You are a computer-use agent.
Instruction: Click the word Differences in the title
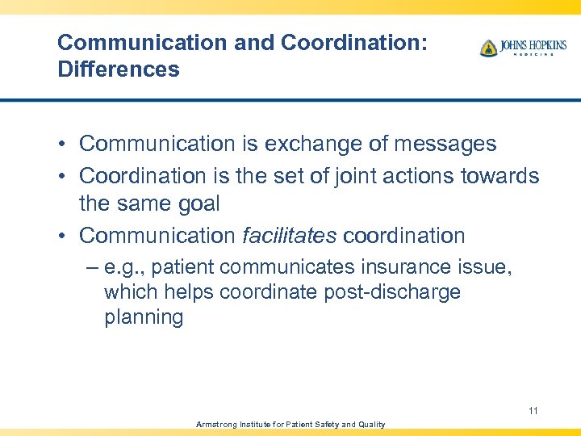pos(119,69)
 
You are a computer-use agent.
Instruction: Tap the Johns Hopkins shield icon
pos(488,48)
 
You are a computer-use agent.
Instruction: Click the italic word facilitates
pos(289,236)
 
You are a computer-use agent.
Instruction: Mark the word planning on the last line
pos(144,317)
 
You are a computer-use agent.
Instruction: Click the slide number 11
pos(533,411)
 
